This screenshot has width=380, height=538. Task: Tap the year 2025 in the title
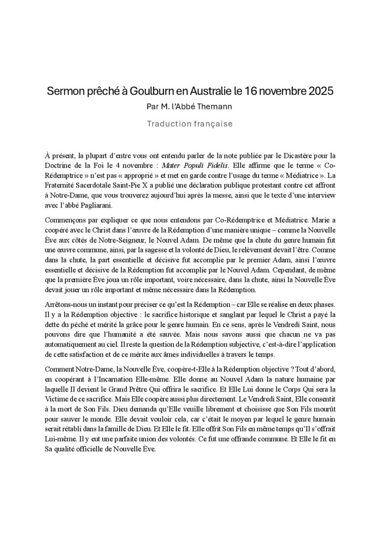pos(320,92)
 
